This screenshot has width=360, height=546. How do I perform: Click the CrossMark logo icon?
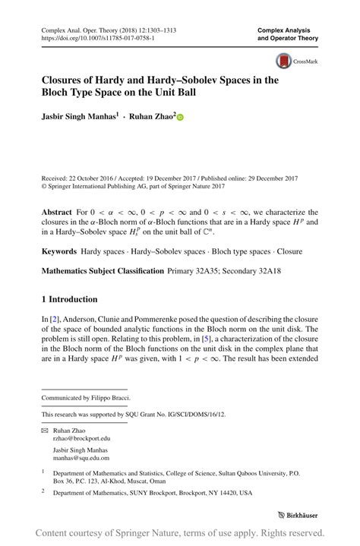pyautogui.click(x=284, y=62)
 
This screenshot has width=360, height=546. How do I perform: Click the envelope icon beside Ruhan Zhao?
pyautogui.click(x=45, y=429)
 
